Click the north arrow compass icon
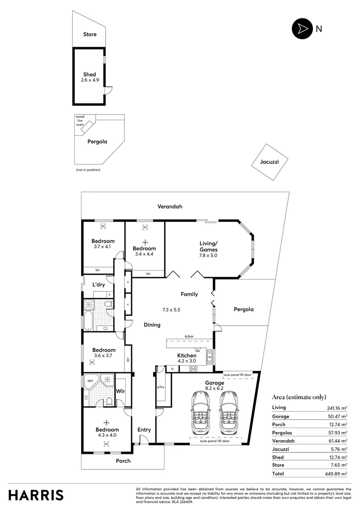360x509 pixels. pos(301,28)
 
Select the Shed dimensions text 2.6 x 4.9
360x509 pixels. pos(90,81)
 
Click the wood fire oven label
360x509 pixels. pos(80,121)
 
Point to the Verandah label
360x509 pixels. pos(170,206)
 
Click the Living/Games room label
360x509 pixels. pos(208,246)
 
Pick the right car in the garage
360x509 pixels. pos(229,413)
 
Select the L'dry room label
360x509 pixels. pos(98,285)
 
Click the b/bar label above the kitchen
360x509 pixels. pos(189,336)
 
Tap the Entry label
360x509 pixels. pos(144,429)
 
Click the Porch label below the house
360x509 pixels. pos(123,460)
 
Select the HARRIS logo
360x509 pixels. pos(36,495)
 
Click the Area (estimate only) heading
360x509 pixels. pos(299,397)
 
